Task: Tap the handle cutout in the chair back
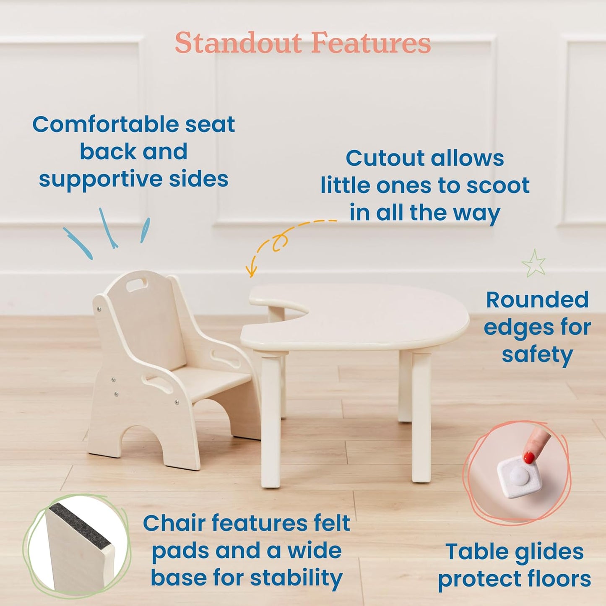point(136,286)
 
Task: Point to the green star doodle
point(534,263)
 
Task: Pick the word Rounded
point(537,300)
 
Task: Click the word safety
point(537,355)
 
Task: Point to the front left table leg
point(271,419)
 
